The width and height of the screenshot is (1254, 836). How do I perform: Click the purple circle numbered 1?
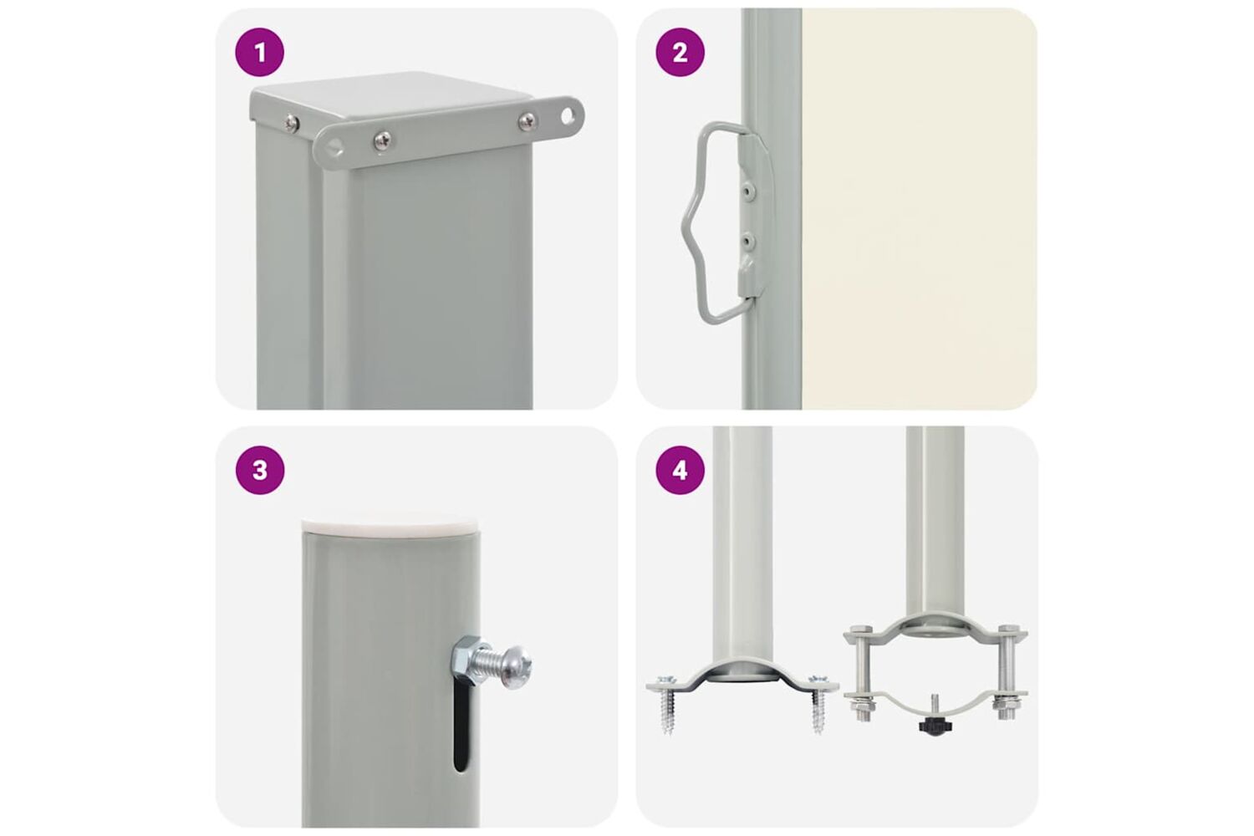coord(260,52)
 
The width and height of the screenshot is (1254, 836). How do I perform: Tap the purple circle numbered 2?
coord(680,52)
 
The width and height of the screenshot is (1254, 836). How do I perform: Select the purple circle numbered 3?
coord(260,470)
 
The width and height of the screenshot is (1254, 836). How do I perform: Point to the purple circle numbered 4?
coord(680,470)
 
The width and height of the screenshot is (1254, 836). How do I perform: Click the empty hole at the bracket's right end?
coord(568,116)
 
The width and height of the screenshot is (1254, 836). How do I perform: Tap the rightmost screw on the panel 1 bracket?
coord(526,120)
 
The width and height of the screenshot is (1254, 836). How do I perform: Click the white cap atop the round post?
coord(391,527)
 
